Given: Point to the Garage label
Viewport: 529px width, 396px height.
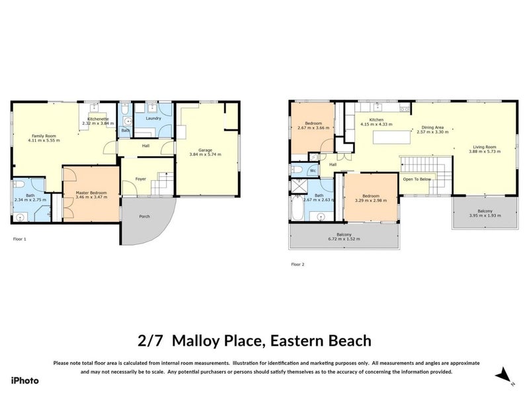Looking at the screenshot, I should tap(205, 149).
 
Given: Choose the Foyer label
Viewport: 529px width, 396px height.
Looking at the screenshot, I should tap(141, 179).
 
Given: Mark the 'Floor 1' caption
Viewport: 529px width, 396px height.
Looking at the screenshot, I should tap(20, 238).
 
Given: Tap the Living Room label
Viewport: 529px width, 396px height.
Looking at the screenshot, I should tap(484, 147).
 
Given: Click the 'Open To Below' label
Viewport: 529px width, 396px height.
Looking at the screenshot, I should tap(418, 178).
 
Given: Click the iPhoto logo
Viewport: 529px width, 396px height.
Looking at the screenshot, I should tap(25, 380).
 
